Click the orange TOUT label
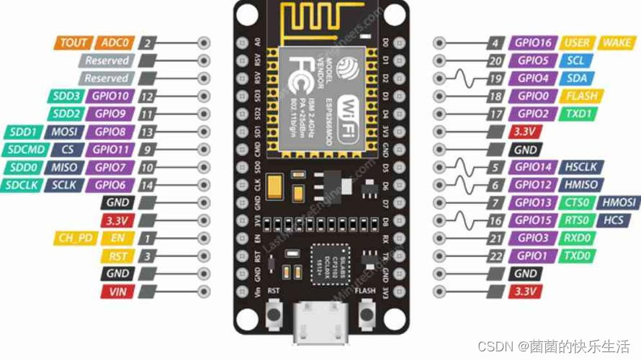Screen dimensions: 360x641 (x=73, y=43)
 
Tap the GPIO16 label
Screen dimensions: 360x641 (x=533, y=43)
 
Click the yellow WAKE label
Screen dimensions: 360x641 (x=617, y=43)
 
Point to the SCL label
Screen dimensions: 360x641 (x=575, y=61)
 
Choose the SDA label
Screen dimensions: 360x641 (x=576, y=78)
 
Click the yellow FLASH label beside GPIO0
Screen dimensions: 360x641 (x=581, y=96)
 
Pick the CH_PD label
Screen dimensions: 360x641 (x=75, y=238)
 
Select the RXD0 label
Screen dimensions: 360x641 (x=577, y=238)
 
